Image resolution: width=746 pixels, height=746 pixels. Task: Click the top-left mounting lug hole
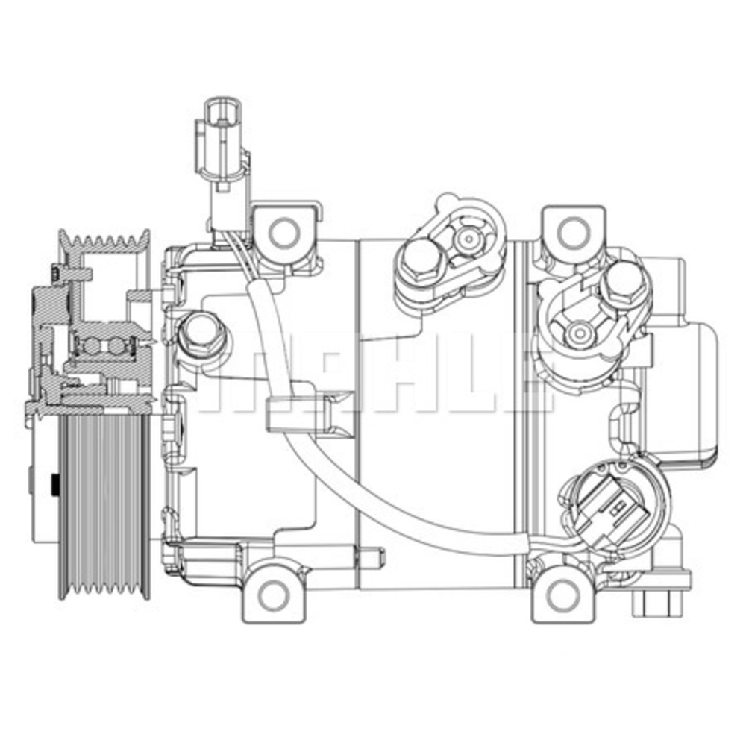pos(283,232)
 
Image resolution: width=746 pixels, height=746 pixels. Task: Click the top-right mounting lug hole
pos(571,232)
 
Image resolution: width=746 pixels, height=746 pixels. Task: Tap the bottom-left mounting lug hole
pos(275,595)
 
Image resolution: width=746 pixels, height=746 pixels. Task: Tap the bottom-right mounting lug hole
pos(561,595)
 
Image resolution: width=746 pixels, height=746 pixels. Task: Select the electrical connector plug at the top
pos(220,142)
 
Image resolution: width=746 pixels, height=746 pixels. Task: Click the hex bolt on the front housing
pos(200,333)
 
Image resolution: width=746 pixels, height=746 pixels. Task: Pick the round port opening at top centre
pos(468,239)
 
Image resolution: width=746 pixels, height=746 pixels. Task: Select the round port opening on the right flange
pos(578,330)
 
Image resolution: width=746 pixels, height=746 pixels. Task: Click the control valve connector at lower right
pos(612,507)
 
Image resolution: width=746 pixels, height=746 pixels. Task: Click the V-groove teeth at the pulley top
pos(104,240)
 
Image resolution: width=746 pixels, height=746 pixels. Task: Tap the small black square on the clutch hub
pos(54,486)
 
